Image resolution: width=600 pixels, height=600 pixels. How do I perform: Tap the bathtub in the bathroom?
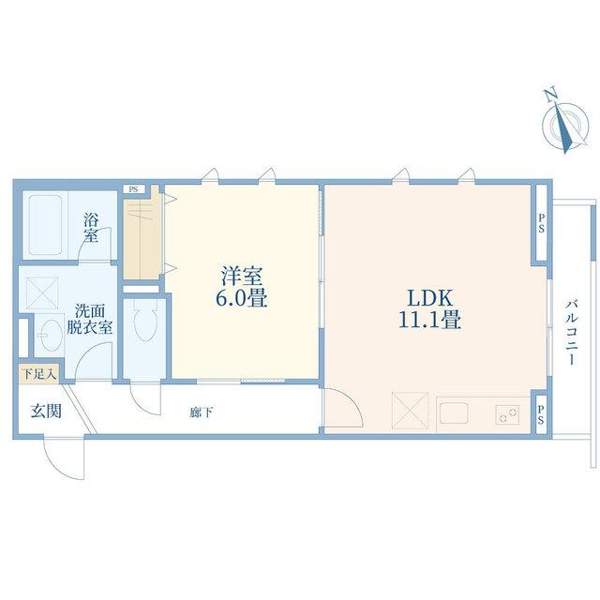point(46,225)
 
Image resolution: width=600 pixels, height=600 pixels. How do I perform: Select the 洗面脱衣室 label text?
point(90,319)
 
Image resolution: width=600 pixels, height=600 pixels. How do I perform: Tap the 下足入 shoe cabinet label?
point(39,373)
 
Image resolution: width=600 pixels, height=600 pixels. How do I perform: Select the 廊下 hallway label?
point(201,412)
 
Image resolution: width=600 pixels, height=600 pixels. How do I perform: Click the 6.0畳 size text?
point(242,297)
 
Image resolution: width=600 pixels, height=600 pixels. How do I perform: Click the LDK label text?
point(430,298)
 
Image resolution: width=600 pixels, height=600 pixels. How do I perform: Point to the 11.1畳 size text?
point(429,320)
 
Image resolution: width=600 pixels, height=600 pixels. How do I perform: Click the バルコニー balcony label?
point(572,333)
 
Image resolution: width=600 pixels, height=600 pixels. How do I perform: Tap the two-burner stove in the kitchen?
point(508,413)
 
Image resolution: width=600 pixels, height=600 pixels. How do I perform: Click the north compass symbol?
point(564,122)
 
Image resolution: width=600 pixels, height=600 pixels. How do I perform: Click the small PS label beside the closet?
point(133,189)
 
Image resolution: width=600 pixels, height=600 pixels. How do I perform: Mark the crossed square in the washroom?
point(41,293)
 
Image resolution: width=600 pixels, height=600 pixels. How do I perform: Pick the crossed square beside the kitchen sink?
point(410,411)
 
